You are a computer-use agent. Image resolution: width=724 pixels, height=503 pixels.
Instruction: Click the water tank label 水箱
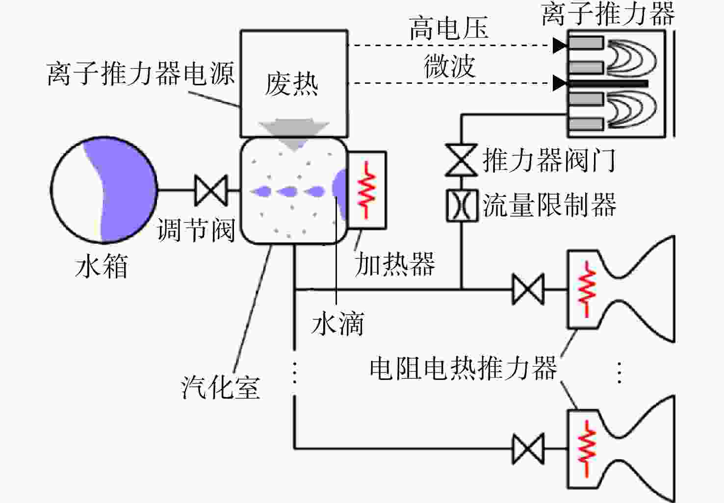[102, 266]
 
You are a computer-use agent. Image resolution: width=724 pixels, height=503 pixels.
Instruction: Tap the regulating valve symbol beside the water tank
[211, 191]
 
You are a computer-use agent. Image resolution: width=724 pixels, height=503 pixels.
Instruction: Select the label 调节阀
[196, 230]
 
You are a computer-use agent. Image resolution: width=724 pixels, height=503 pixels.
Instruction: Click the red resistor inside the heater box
[366, 190]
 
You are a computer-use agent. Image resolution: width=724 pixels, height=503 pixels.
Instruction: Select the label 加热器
[395, 264]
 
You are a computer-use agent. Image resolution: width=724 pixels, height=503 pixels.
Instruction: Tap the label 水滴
[338, 323]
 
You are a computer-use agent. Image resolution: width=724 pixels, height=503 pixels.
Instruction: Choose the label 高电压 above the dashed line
[449, 28]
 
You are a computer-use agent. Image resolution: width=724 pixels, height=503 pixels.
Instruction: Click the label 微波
[450, 66]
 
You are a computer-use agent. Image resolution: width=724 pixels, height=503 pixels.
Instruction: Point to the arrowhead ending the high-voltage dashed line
[560, 45]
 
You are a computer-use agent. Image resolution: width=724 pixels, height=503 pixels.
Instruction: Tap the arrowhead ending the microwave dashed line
[560, 83]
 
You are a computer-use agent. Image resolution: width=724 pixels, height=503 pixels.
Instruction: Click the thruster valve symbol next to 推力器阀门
[461, 160]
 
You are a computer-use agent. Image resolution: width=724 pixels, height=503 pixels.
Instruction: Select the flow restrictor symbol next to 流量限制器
[462, 205]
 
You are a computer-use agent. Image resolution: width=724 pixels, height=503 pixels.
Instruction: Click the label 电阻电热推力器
[464, 368]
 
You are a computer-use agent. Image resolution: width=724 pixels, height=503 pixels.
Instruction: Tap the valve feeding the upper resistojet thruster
[528, 289]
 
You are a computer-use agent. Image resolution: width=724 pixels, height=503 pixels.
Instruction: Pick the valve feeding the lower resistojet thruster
[528, 449]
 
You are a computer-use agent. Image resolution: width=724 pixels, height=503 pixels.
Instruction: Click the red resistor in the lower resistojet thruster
[587, 448]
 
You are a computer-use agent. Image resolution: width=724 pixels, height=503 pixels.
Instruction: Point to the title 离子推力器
[608, 14]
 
